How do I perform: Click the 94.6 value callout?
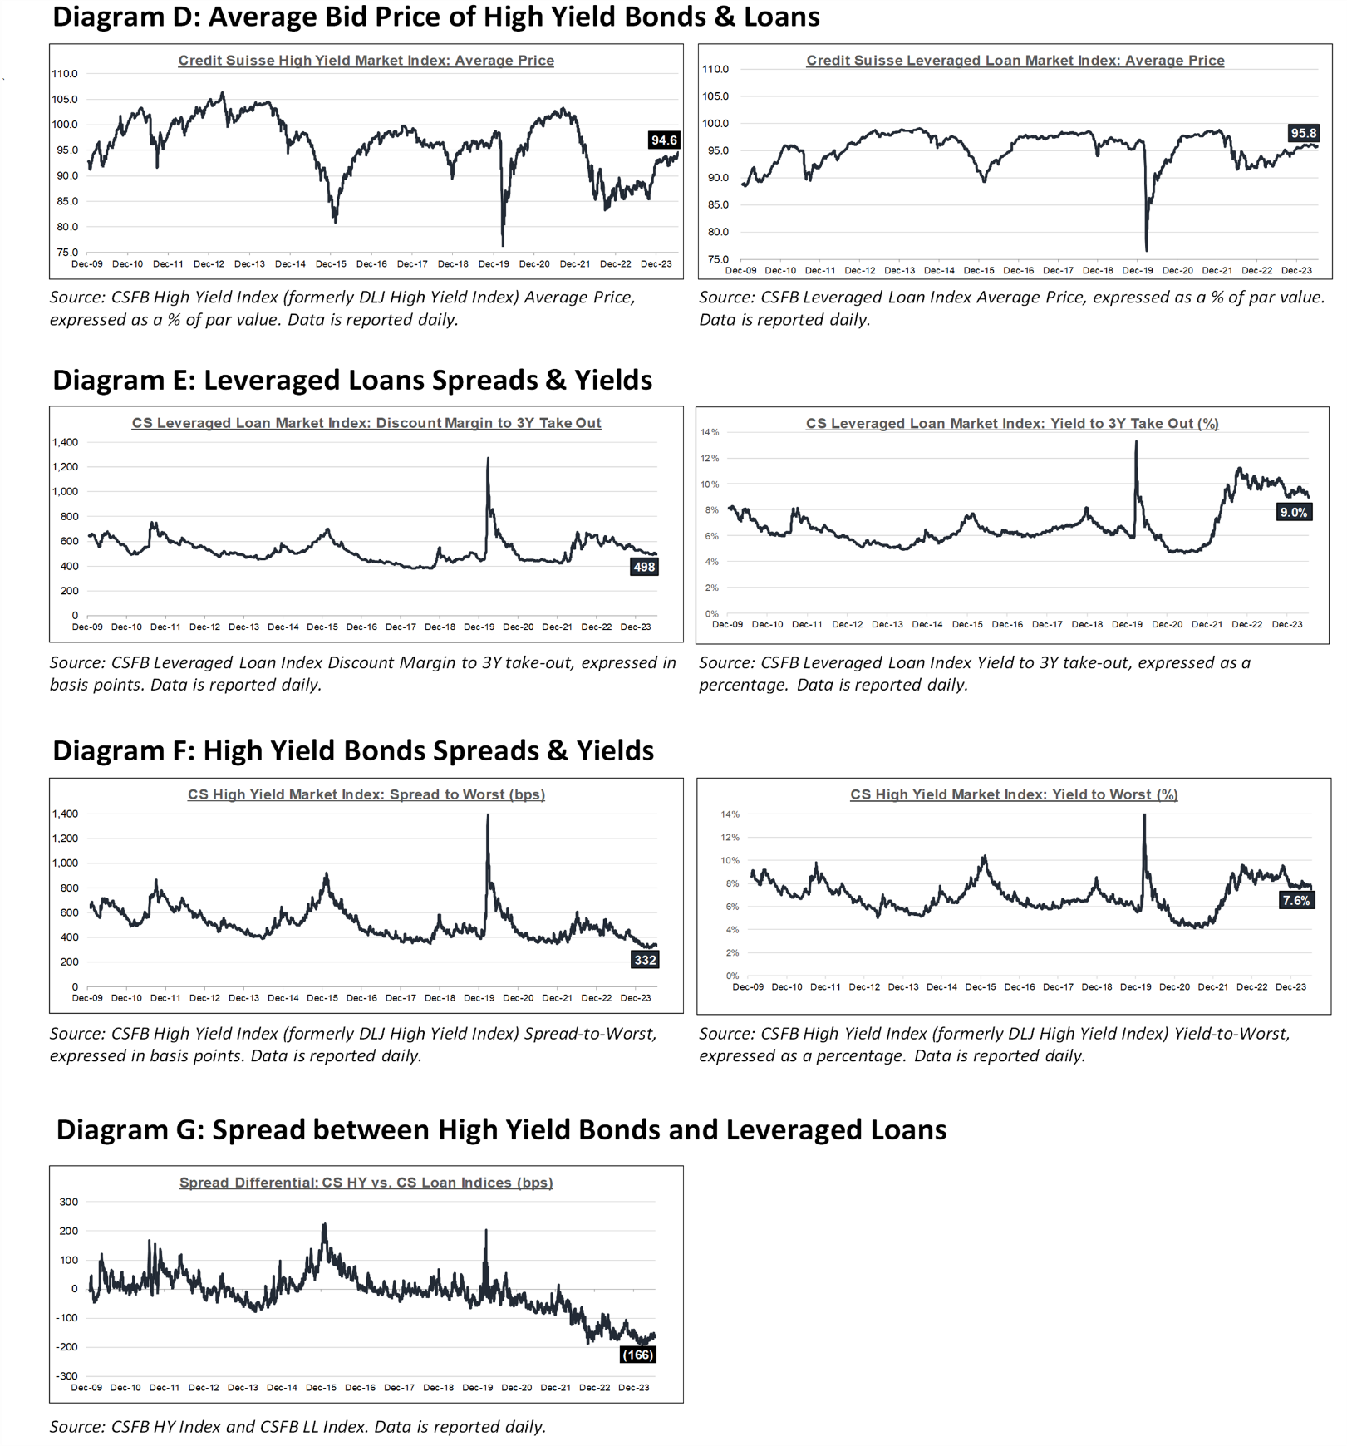point(664,140)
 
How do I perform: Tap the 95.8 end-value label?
point(1303,133)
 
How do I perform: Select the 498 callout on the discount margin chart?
point(644,567)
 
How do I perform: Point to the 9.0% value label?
point(1294,512)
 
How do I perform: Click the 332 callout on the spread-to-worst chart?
point(645,960)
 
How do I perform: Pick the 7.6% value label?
point(1296,900)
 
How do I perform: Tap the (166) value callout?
point(637,1355)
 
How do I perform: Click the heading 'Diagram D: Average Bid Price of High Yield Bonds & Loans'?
point(436,17)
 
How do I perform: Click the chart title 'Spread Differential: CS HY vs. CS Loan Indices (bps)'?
point(366,1183)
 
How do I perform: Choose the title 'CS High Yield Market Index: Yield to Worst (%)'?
point(1014,794)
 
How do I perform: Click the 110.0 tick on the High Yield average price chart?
point(65,74)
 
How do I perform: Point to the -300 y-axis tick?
point(66,1376)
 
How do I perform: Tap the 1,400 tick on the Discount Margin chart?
point(65,442)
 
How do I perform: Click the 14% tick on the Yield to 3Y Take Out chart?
point(710,432)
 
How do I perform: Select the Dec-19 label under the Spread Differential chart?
point(478,1388)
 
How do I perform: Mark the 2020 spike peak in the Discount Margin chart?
point(488,458)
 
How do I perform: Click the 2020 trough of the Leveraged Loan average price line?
point(1147,250)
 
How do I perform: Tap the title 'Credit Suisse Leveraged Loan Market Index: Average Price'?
point(1015,61)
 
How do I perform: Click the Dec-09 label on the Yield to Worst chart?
point(748,987)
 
